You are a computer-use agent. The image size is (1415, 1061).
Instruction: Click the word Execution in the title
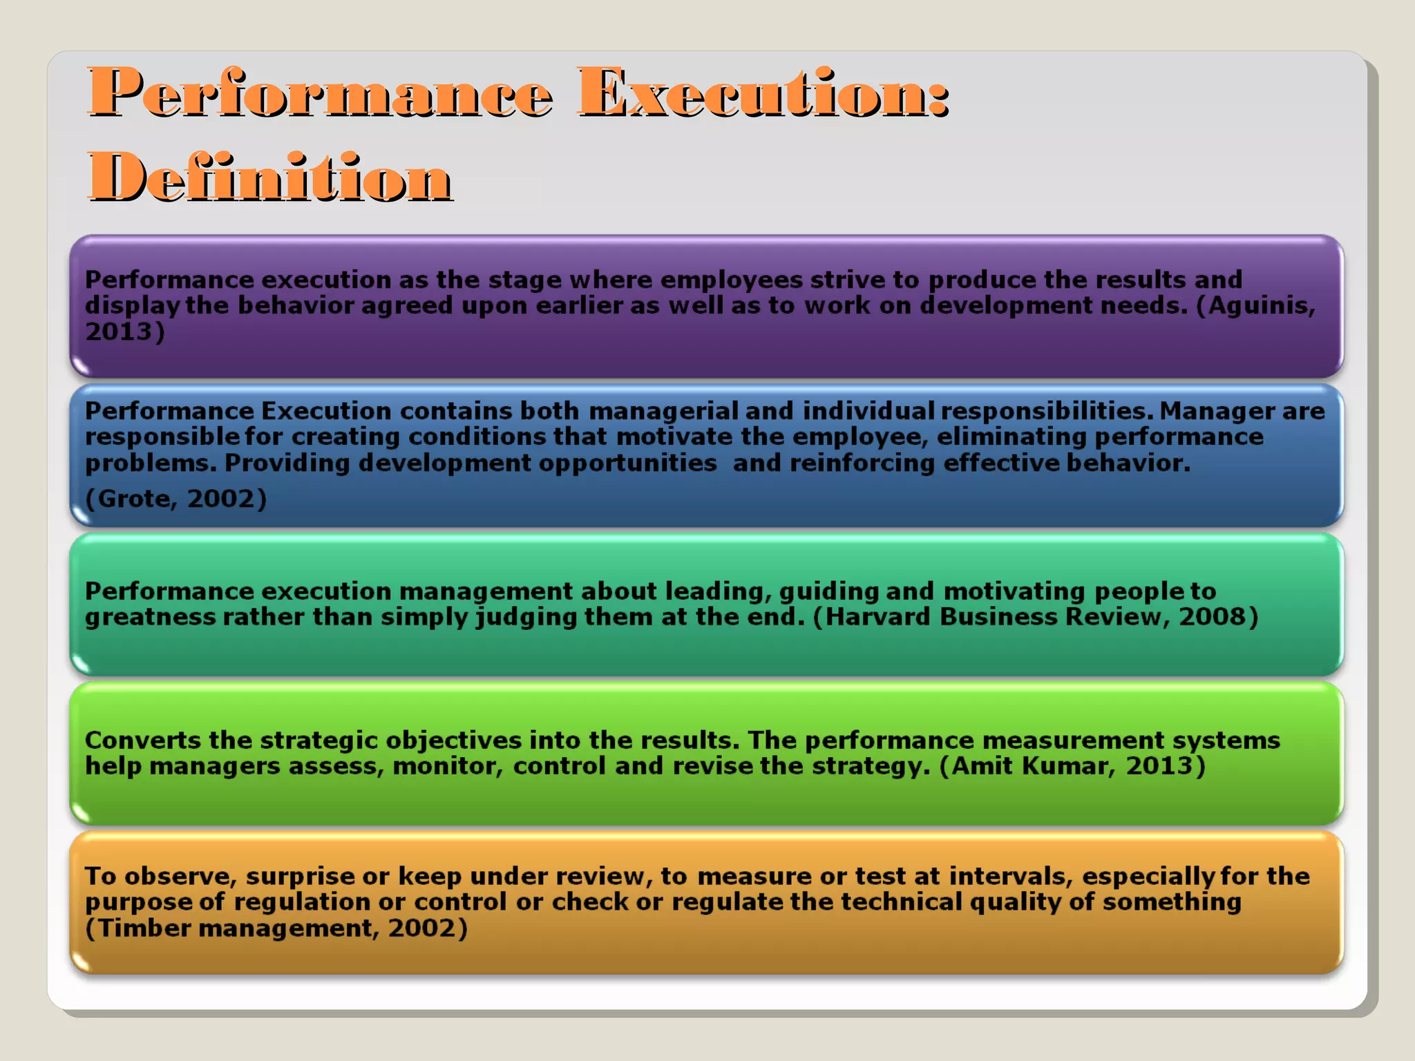(x=763, y=93)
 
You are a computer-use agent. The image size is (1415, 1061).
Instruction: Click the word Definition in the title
(x=270, y=178)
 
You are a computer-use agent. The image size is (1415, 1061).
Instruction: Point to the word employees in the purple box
(x=731, y=280)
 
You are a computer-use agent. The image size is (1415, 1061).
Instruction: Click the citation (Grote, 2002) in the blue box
(x=175, y=498)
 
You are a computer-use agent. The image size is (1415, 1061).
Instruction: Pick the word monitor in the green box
(x=447, y=766)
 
